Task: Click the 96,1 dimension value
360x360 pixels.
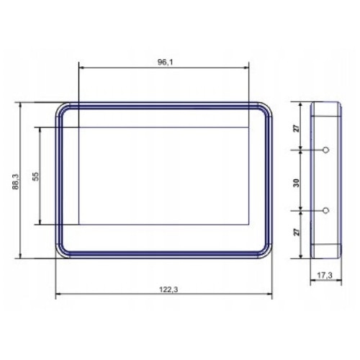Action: (165, 63)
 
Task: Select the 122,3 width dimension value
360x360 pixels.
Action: (168, 289)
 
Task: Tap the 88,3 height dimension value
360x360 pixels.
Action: (16, 181)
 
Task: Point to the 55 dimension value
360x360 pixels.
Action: (35, 176)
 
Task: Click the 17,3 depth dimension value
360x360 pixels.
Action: (325, 276)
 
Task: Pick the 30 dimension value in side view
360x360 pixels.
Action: (297, 183)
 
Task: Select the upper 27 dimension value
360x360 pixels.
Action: (297, 128)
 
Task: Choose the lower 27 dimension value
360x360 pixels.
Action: (297, 232)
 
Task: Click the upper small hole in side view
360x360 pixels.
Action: (325, 150)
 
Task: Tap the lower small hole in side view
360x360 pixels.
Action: (325, 210)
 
